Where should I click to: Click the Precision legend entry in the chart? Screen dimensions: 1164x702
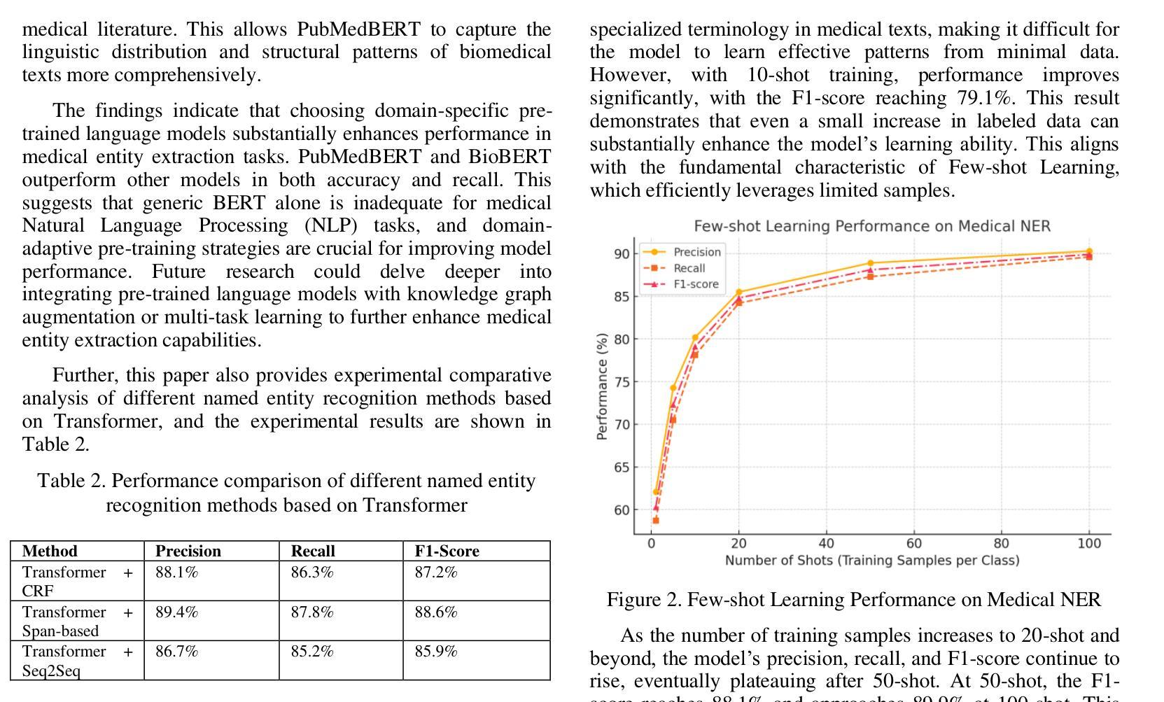tap(681, 252)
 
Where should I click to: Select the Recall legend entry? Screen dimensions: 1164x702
tap(673, 268)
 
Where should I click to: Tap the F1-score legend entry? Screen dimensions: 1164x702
tap(681, 284)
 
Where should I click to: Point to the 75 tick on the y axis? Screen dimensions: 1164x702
tap(622, 382)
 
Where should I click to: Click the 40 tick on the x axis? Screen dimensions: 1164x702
tap(826, 544)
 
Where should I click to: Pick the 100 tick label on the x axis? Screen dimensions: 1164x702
tap(1089, 544)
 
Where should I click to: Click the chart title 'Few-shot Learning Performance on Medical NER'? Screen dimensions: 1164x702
tap(872, 226)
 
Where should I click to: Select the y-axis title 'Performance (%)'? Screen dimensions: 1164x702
tap(602, 386)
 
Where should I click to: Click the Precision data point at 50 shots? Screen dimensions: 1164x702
tap(871, 263)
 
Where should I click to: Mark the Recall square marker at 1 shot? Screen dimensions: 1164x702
tap(656, 520)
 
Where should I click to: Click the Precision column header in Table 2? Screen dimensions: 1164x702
tap(188, 551)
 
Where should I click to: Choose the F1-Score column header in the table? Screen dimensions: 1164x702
tap(447, 551)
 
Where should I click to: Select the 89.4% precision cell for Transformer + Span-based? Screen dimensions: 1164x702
tap(176, 612)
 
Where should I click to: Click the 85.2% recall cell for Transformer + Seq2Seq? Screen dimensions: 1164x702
tap(312, 652)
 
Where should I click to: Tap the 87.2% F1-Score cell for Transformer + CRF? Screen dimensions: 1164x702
tap(436, 573)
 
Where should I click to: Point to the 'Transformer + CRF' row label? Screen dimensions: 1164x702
tap(78, 582)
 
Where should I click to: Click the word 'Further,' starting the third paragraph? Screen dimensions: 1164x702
tap(86, 375)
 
